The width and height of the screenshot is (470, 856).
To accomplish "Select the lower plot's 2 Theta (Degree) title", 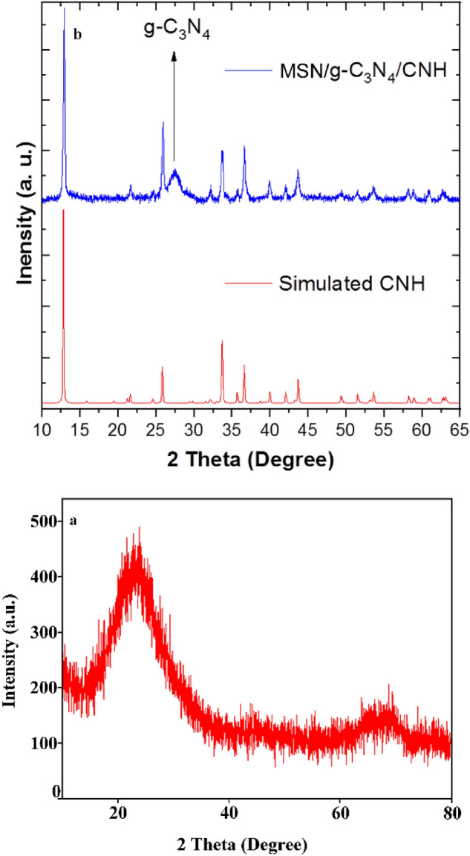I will tap(256, 843).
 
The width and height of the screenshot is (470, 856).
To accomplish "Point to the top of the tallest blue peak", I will tap(65, 9).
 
